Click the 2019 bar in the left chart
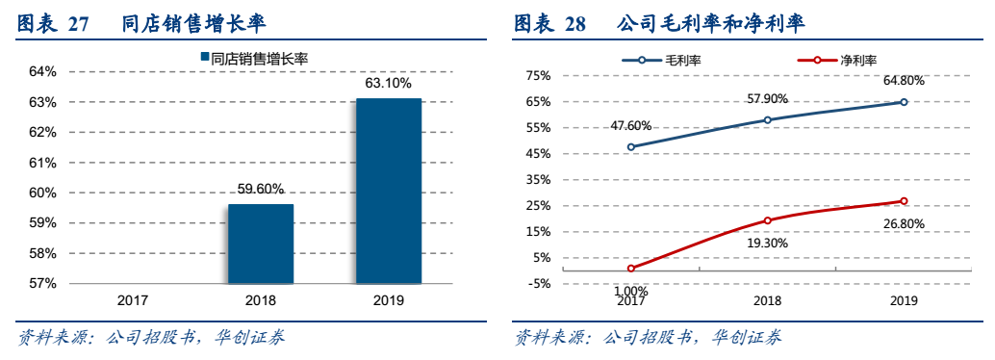point(389,191)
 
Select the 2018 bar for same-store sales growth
point(260,244)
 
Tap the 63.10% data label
point(389,84)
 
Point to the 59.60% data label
point(260,189)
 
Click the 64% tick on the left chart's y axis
point(42,72)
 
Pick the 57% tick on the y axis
point(42,284)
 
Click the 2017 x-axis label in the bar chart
point(133,300)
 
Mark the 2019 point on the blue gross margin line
point(904,102)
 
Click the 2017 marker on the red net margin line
point(631,269)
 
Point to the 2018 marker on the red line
point(767,220)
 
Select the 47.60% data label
point(631,125)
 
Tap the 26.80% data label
point(904,223)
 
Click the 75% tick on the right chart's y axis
point(538,76)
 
